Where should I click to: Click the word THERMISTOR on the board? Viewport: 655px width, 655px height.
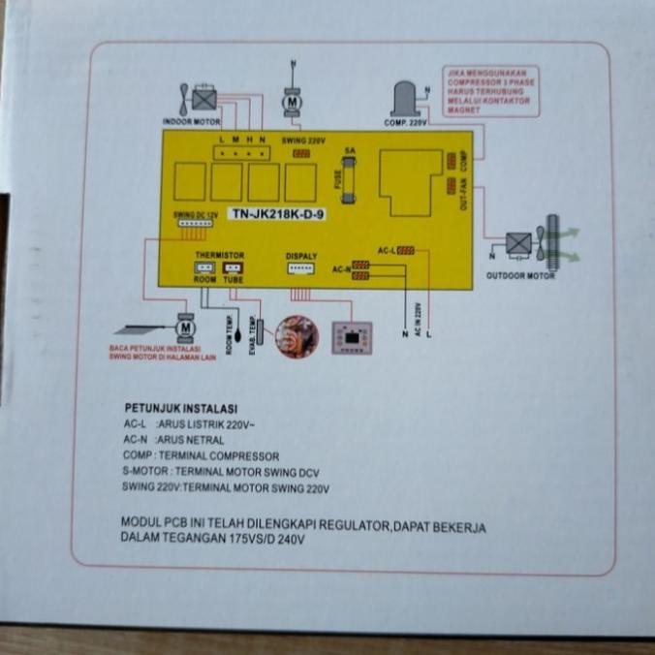[219, 255]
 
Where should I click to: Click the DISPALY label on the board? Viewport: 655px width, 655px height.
[301, 257]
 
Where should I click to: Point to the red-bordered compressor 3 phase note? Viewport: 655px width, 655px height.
[490, 91]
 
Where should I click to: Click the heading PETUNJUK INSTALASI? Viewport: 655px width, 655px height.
[181, 408]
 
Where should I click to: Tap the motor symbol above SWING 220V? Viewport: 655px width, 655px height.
[292, 100]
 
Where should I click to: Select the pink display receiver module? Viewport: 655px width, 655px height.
[350, 335]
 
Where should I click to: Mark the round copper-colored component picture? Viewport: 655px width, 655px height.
[296, 336]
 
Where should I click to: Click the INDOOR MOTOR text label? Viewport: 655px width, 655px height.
[191, 123]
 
